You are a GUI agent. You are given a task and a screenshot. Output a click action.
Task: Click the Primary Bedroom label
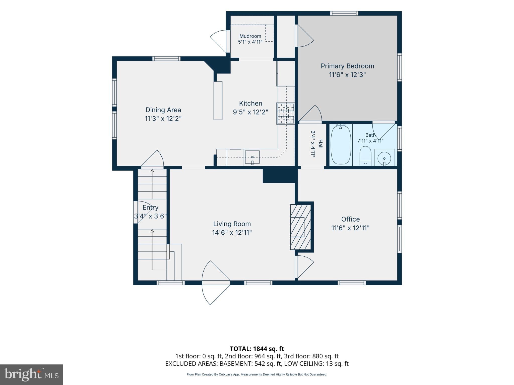[x=347, y=66]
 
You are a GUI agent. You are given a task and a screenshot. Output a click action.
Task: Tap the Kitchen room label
[x=250, y=103]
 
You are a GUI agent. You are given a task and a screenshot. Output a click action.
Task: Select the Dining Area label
[x=163, y=110]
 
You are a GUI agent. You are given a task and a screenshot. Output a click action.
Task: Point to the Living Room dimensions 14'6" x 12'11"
[x=232, y=233]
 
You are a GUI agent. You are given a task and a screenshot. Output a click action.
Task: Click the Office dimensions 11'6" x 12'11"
[x=350, y=228]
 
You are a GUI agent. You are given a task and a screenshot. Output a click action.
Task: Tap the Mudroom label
[x=250, y=36]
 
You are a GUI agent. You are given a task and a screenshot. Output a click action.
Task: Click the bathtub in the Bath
[x=341, y=145]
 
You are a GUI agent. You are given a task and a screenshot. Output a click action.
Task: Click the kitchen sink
[x=252, y=157]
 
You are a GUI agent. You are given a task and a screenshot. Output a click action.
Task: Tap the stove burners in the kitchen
[x=286, y=113]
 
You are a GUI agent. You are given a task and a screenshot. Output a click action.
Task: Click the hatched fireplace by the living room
[x=300, y=227]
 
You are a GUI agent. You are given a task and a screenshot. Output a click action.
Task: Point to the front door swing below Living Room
[x=216, y=283]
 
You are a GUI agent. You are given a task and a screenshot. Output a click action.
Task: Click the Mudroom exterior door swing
[x=218, y=41]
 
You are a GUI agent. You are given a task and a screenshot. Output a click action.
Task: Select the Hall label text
[x=320, y=144]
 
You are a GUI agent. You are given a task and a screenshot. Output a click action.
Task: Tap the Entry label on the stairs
[x=151, y=208]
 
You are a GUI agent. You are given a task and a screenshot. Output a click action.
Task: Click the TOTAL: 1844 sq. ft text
[x=257, y=349]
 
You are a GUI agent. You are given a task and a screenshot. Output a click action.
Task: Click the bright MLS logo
[x=31, y=374]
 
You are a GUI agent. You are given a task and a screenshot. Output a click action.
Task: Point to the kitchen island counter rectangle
[x=218, y=101]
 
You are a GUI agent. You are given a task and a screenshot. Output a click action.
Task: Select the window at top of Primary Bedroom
[x=344, y=13]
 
